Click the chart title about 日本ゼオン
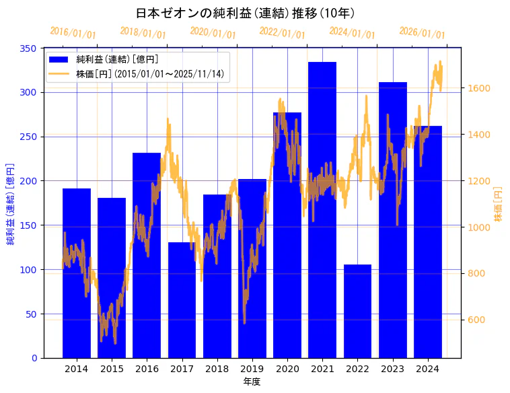[245, 13]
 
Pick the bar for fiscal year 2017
[182, 300]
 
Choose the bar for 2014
[77, 273]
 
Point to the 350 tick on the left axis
[30, 48]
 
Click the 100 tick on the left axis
[30, 270]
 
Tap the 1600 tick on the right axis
[480, 88]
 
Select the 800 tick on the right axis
[477, 273]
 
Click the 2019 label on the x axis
[252, 368]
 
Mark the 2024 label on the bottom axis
[428, 368]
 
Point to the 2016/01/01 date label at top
[73, 32]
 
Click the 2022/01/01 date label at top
[282, 32]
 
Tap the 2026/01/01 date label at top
[422, 32]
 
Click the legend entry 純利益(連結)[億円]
[117, 59]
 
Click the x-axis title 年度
[252, 382]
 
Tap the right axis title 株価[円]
[499, 204]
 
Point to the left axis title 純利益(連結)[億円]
[11, 204]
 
